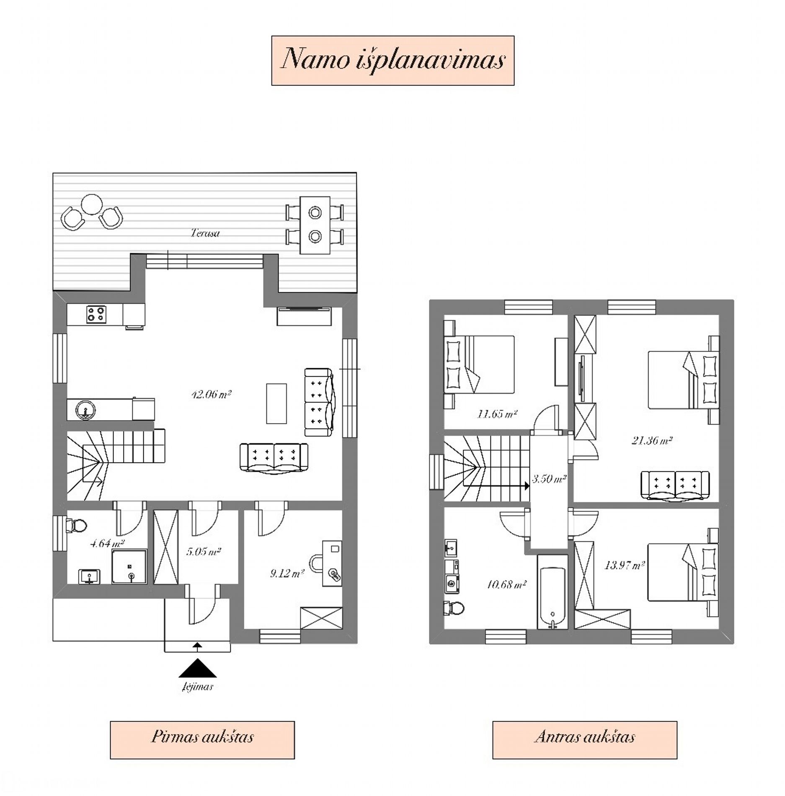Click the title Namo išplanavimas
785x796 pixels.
coord(393,60)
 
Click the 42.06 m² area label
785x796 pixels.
coord(212,394)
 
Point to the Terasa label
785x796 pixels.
coord(205,233)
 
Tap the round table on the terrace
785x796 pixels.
coord(92,205)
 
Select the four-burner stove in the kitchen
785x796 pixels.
coord(96,314)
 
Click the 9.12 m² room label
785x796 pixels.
coord(287,573)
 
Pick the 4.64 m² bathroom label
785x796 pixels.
coord(107,544)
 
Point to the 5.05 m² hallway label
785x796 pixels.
coord(204,552)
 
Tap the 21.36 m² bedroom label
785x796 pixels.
coord(652,440)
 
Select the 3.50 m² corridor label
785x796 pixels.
coord(549,478)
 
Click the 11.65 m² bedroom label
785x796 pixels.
coord(497,414)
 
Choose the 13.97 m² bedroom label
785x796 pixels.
coord(624,566)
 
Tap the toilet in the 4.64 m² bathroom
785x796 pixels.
coord(76,525)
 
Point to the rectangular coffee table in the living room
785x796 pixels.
coord(276,403)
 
